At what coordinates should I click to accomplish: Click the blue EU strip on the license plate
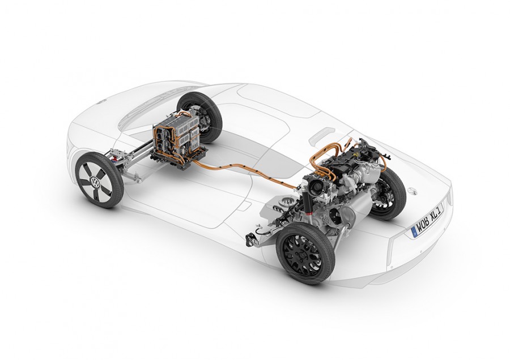[x=415, y=232]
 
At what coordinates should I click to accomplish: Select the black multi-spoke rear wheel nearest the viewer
[x=306, y=254]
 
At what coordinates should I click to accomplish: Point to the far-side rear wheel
[x=389, y=194]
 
